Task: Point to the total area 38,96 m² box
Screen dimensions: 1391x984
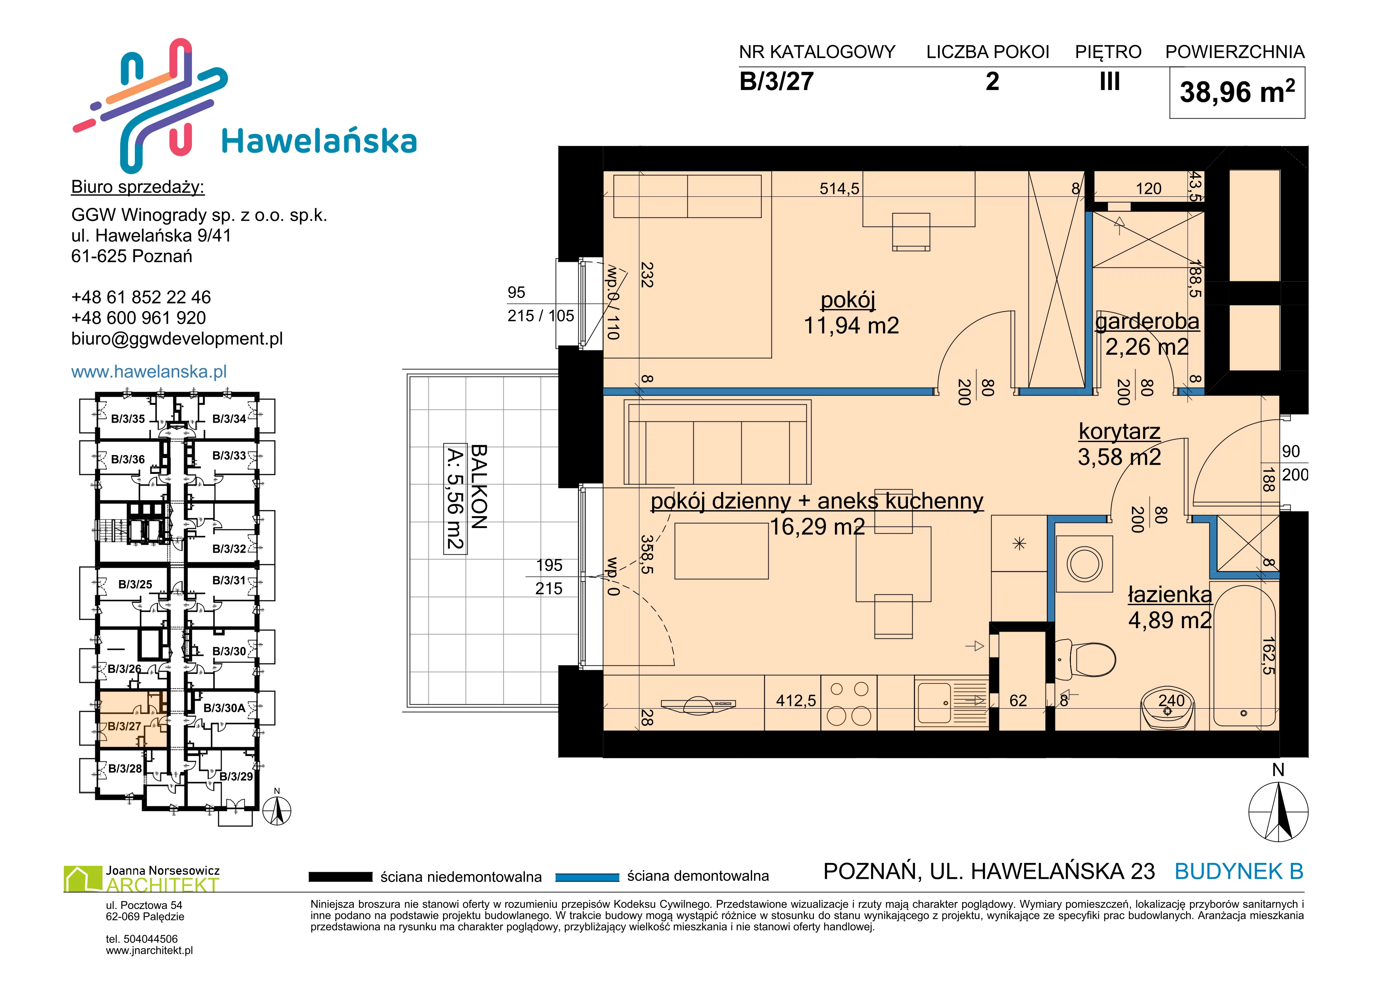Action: click(x=1237, y=93)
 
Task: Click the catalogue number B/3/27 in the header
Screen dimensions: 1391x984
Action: click(x=776, y=81)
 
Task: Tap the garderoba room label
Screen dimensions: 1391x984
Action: click(x=1147, y=321)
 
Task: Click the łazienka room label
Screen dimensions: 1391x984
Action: click(x=1170, y=594)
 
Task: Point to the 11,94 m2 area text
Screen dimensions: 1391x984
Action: click(x=851, y=325)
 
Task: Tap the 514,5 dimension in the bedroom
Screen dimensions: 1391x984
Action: click(x=839, y=188)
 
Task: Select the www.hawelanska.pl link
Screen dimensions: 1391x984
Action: click(x=149, y=371)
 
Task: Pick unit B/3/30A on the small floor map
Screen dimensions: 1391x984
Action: click(x=224, y=708)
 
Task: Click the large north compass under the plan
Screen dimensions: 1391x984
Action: click(x=1278, y=811)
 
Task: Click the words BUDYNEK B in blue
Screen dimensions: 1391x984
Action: click(x=1239, y=871)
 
